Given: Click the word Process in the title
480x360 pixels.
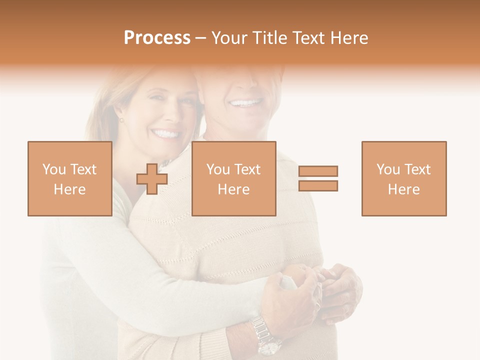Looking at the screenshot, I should click(x=157, y=38).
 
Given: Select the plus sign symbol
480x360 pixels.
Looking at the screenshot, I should click(x=152, y=178).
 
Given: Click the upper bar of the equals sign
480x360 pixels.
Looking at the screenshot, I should click(x=318, y=171).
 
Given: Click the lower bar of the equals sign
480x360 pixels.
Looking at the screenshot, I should click(x=318, y=185).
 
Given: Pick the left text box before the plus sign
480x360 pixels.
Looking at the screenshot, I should click(x=69, y=178).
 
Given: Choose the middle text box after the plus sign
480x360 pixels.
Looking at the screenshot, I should click(x=233, y=178).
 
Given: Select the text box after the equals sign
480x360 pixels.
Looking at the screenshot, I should click(x=403, y=178).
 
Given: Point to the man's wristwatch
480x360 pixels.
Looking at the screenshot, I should click(x=265, y=334).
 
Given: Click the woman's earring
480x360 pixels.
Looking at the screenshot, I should click(x=120, y=120).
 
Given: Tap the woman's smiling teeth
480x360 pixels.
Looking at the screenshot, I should click(x=166, y=134).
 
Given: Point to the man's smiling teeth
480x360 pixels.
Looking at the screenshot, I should click(x=245, y=103).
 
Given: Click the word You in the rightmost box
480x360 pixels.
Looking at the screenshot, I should click(x=387, y=169).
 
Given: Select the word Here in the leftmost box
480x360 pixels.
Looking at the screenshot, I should click(x=69, y=189).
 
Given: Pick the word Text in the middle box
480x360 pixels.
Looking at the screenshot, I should click(x=247, y=169).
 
